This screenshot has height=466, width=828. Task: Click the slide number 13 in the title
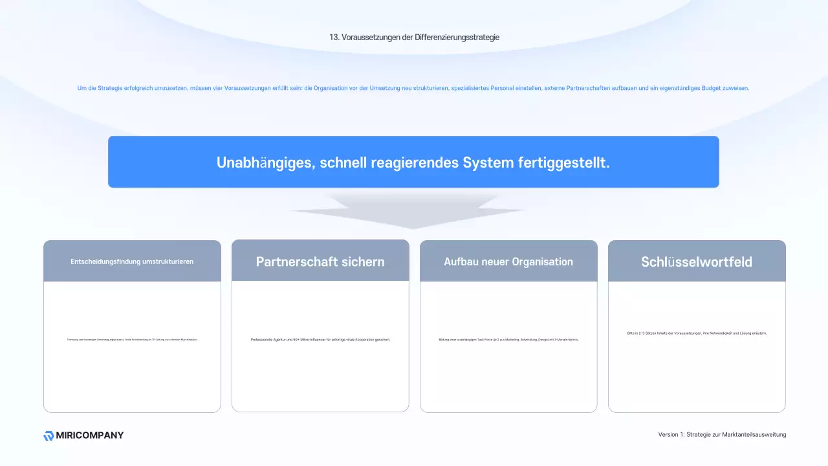point(334,38)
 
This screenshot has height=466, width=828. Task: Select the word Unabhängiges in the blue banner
point(266,162)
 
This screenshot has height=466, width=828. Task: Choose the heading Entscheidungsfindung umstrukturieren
point(132,261)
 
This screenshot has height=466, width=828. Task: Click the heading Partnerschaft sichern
point(320,261)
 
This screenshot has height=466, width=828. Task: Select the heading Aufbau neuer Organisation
point(508,261)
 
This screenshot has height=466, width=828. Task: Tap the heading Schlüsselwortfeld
point(697,261)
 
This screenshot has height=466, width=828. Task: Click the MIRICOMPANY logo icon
point(49,436)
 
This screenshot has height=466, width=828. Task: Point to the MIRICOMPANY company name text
point(91,436)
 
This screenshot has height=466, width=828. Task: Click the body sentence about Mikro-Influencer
point(320,340)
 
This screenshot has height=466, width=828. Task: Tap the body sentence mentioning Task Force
point(508,340)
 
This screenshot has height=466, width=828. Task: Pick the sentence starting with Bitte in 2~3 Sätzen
point(697,333)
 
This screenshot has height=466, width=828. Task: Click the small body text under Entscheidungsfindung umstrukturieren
point(132,340)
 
